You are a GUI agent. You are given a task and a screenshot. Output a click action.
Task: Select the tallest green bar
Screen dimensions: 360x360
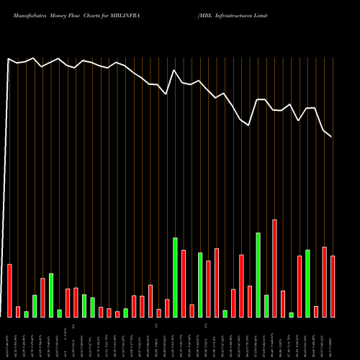(258, 274)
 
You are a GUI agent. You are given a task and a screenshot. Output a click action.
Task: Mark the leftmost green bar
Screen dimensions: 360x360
(27, 314)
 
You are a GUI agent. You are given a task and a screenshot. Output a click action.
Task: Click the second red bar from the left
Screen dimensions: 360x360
(18, 312)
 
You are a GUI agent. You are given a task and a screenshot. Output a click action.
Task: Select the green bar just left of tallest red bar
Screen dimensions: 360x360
(266, 306)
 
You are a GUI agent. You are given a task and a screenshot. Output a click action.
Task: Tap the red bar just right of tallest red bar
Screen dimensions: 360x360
(283, 304)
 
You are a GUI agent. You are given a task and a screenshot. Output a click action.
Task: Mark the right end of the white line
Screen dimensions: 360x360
(332, 137)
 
